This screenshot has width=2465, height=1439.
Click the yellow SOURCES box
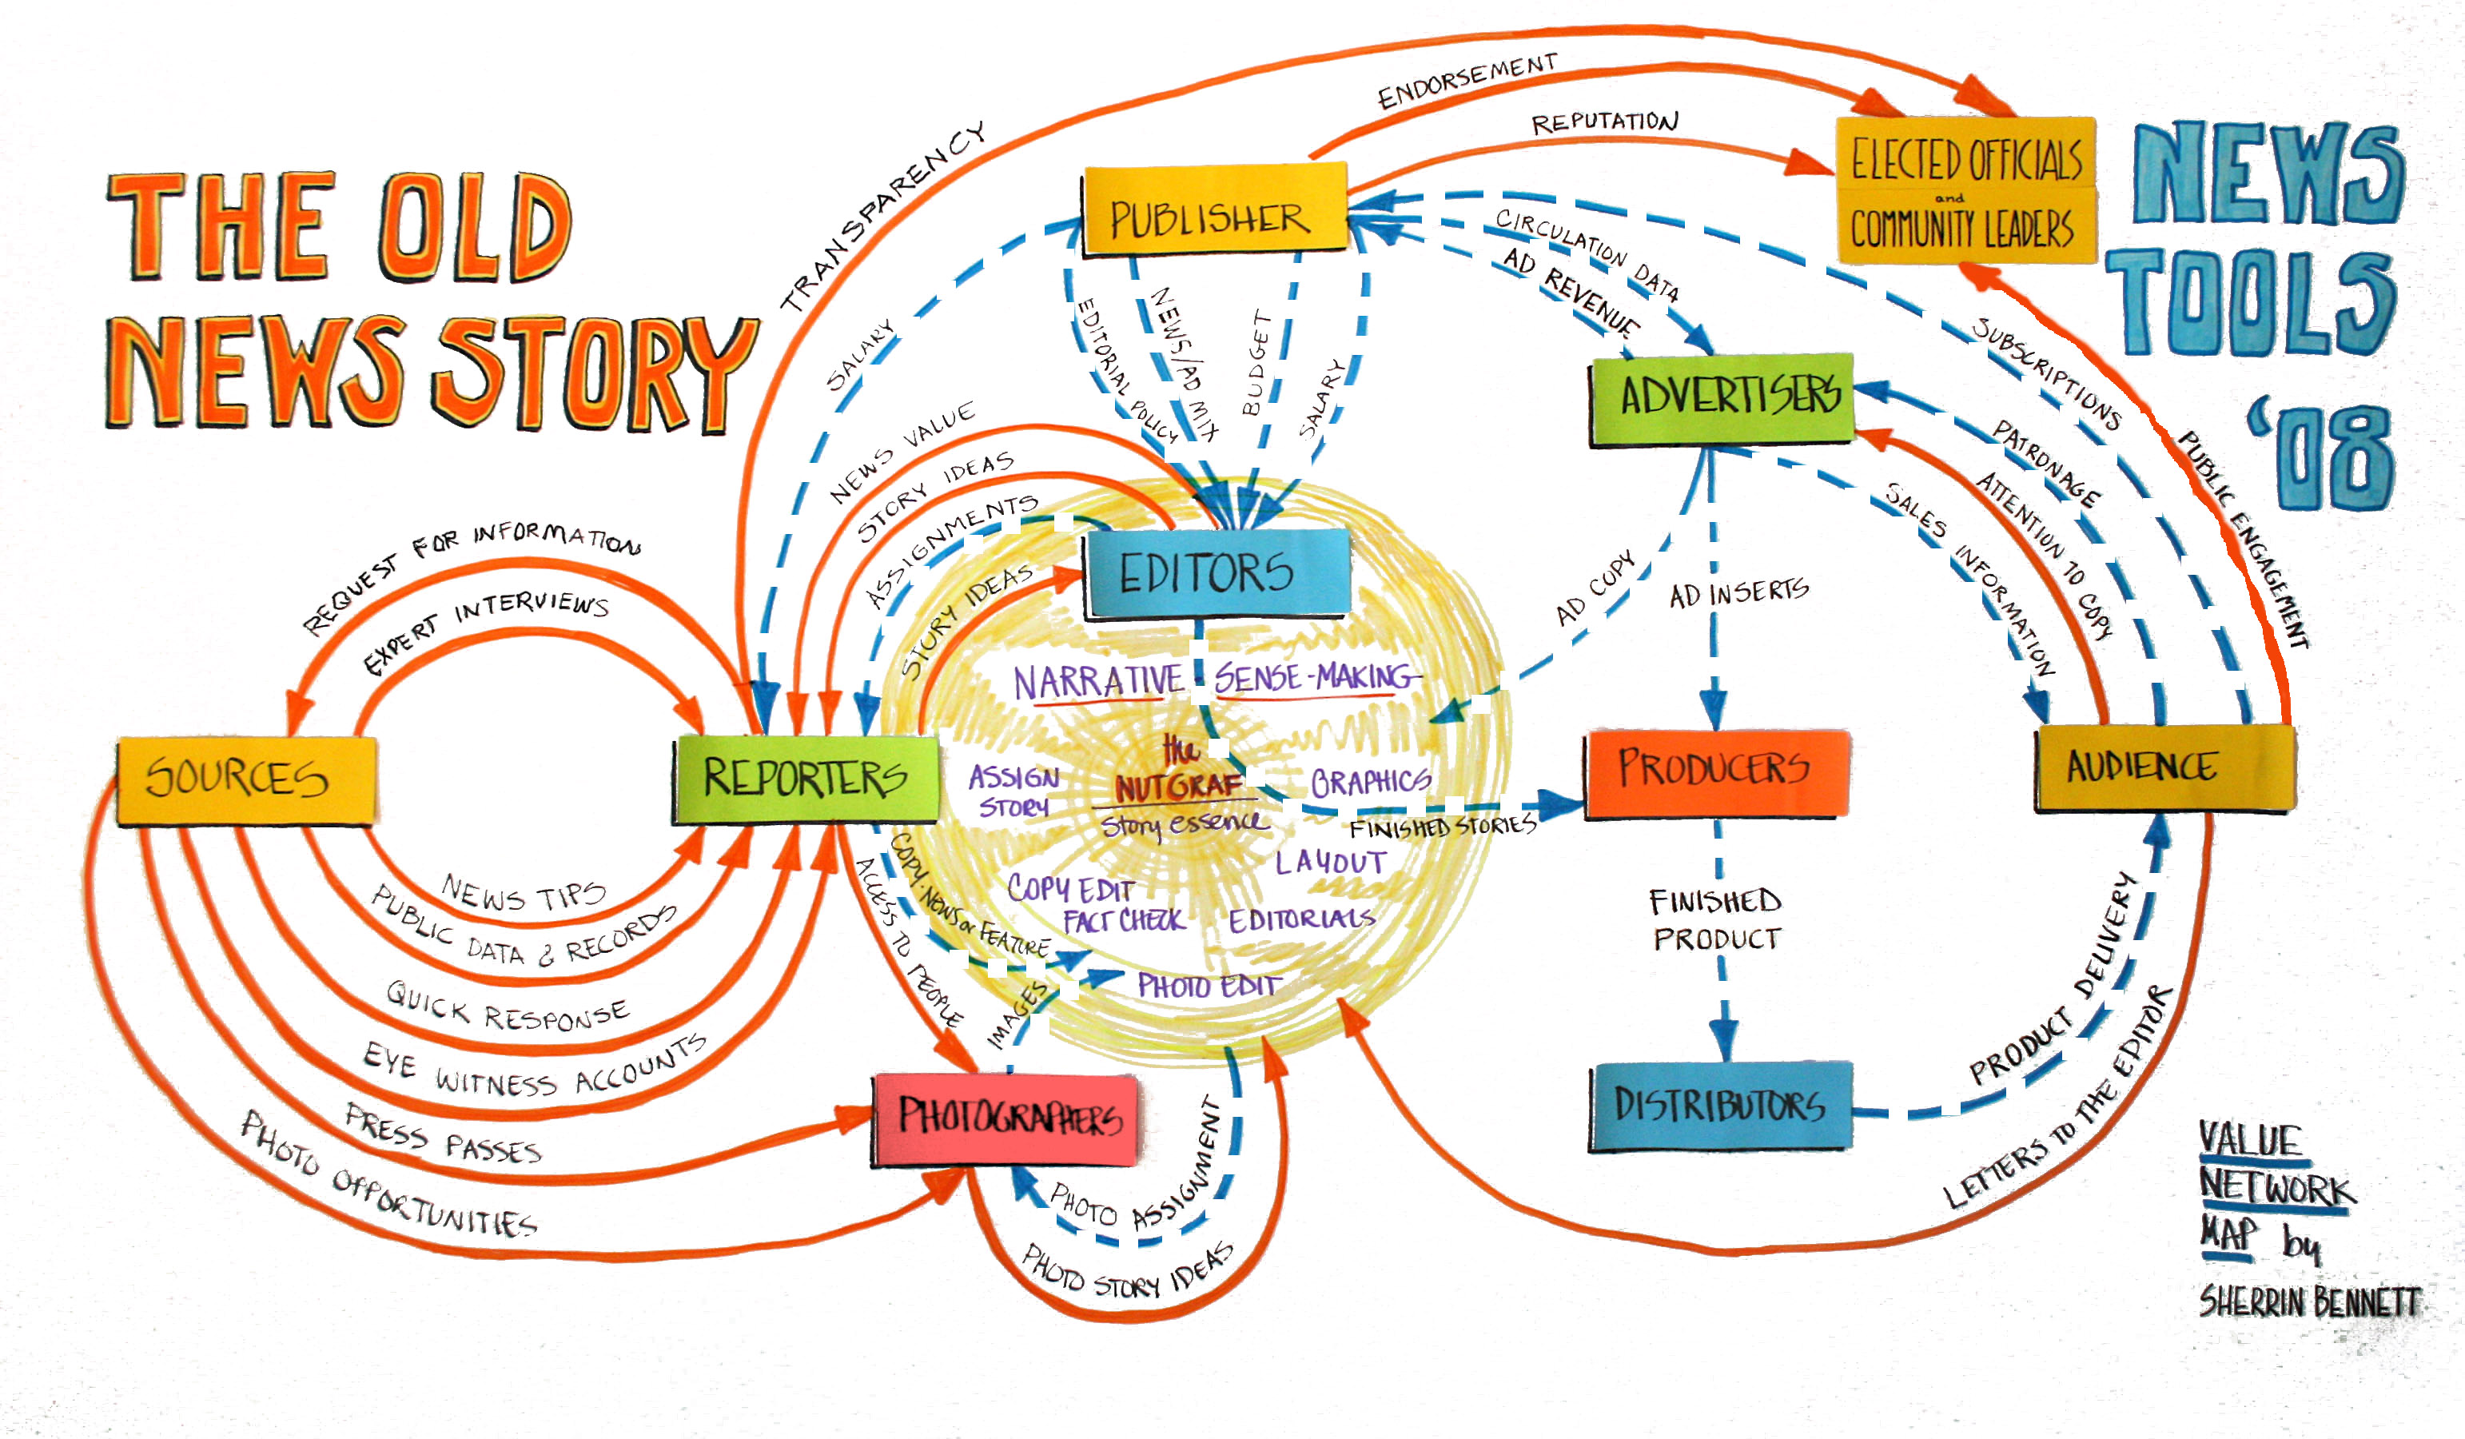[x=245, y=779]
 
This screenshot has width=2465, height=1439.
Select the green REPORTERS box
[x=805, y=779]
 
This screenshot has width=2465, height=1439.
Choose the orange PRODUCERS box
[x=1714, y=771]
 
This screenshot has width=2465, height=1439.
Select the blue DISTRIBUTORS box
[x=1719, y=1105]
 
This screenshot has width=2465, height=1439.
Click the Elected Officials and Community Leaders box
[x=1964, y=189]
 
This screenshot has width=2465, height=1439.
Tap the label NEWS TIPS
[x=524, y=892]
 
